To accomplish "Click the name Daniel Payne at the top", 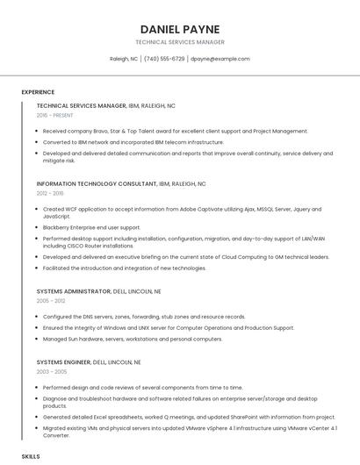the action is (180, 29).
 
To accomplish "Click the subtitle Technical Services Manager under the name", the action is (180, 42).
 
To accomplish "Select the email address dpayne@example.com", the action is (220, 59).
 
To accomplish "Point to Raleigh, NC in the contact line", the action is (124, 59).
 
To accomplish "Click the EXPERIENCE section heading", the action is (38, 92).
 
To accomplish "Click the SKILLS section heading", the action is (31, 457).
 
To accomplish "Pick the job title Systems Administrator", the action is (74, 290).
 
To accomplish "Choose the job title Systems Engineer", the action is (65, 361).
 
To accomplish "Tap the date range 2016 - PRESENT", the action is (55, 115).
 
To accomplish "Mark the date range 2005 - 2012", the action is (50, 300).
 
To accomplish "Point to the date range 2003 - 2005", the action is (50, 371).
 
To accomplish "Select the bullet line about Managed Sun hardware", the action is (132, 339).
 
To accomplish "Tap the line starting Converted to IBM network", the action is (133, 141).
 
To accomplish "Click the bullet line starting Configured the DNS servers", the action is (143, 316).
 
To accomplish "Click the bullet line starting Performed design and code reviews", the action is (146, 387).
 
